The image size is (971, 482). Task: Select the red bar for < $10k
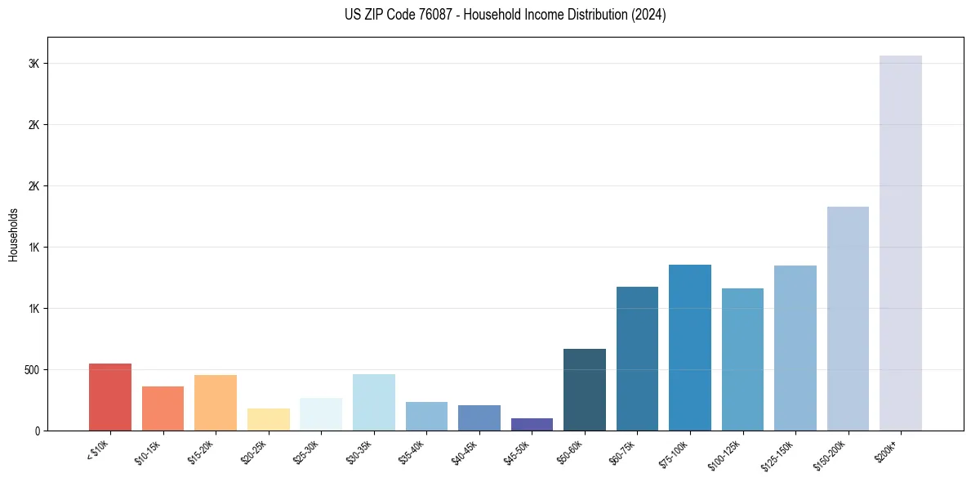(x=109, y=397)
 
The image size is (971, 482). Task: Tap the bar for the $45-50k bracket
(x=532, y=424)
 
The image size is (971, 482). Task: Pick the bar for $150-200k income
(x=848, y=319)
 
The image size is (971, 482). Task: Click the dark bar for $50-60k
(x=585, y=390)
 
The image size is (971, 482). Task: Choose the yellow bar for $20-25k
(x=268, y=419)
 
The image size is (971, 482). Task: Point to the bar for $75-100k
(x=690, y=347)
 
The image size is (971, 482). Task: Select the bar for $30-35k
(x=373, y=402)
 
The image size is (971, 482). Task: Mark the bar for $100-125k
(x=742, y=359)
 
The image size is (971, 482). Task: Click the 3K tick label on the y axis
(x=33, y=64)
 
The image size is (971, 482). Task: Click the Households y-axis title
(x=13, y=234)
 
